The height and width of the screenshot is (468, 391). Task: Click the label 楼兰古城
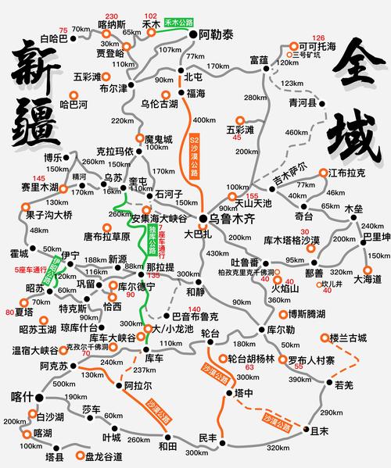[348, 338]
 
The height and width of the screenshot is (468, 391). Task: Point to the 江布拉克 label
[346, 173]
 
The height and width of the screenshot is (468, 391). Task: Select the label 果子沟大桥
[48, 214]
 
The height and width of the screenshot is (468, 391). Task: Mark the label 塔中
[244, 395]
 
